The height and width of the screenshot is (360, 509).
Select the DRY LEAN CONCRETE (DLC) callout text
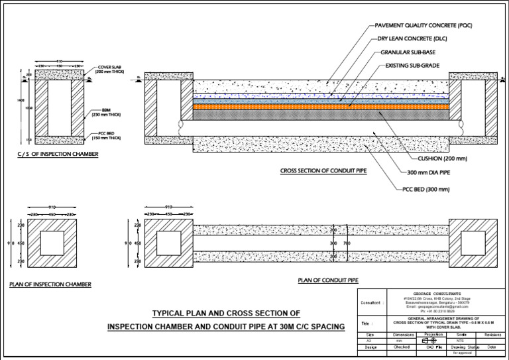pos(412,38)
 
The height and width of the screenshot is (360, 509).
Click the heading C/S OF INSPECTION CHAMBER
pos(58,154)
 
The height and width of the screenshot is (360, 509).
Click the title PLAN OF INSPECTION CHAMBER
pos(50,284)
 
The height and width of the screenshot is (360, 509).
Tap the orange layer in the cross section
pos(321,106)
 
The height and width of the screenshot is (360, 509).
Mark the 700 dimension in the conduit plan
pos(347,244)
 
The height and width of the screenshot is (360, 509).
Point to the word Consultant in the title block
pos(372,303)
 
